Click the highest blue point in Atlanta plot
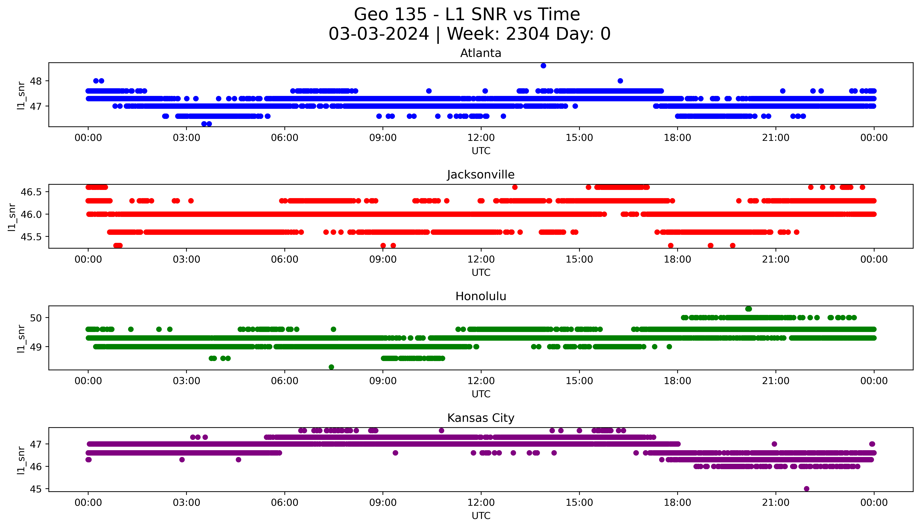(x=543, y=66)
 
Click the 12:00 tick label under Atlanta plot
(x=481, y=138)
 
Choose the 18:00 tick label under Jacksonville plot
(x=677, y=259)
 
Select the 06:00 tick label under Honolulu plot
(x=285, y=381)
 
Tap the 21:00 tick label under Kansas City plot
(x=776, y=503)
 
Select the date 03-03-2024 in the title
(x=379, y=34)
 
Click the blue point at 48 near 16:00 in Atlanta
(x=620, y=81)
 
